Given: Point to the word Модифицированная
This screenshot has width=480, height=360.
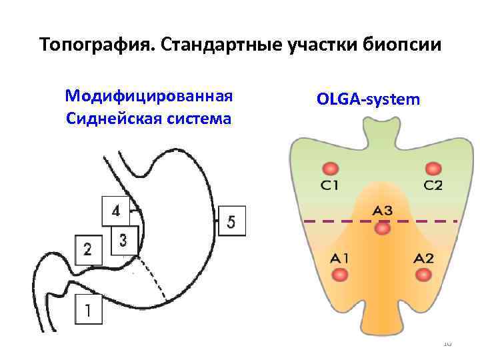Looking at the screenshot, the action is coord(149,95).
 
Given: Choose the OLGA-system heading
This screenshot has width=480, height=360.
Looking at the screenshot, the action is coord(369,99).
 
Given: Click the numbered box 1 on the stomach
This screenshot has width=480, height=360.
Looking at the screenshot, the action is coord(89,310).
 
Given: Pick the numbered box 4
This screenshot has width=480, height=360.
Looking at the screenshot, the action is coord(116,211).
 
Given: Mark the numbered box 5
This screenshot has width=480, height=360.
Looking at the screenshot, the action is coord(231,221).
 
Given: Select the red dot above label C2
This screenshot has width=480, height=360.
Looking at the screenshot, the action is coord(433,169).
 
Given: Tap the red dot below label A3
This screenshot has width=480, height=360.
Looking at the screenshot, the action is coord(382,229).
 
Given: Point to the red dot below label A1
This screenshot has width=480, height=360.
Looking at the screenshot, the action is coord(340,274).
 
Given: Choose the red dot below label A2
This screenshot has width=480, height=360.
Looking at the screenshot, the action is coord(425,274).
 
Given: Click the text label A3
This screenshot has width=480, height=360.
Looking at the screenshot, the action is coord(382,211).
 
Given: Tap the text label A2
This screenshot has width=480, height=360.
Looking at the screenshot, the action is coord(424,258).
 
